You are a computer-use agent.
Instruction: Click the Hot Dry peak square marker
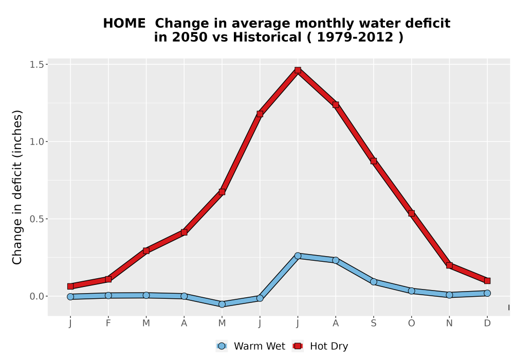pyautogui.click(x=298, y=70)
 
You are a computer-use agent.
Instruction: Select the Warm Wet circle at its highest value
pyautogui.click(x=298, y=256)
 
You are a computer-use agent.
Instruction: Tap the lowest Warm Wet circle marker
pyautogui.click(x=222, y=304)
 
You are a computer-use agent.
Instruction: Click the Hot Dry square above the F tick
pyautogui.click(x=108, y=279)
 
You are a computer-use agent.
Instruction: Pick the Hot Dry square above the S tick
pyautogui.click(x=373, y=161)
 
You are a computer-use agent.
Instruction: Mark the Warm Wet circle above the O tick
pyautogui.click(x=411, y=291)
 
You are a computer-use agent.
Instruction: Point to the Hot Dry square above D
pyautogui.click(x=487, y=281)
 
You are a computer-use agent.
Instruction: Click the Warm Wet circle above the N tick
pyautogui.click(x=449, y=295)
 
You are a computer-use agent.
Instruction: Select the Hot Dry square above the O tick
pyautogui.click(x=411, y=213)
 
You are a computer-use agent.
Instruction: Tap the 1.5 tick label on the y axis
pyautogui.click(x=36, y=65)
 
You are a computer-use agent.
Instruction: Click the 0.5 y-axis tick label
pyautogui.click(x=36, y=219)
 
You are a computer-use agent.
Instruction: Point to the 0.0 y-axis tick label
pyautogui.click(x=36, y=296)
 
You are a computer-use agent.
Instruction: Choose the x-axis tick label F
pyautogui.click(x=108, y=323)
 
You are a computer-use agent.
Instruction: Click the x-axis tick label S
pyautogui.click(x=373, y=323)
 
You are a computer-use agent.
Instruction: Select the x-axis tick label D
pyautogui.click(x=487, y=323)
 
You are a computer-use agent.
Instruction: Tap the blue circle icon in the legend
pyautogui.click(x=222, y=346)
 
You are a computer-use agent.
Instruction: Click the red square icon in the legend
pyautogui.click(x=298, y=346)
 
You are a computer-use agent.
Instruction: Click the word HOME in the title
pyautogui.click(x=124, y=24)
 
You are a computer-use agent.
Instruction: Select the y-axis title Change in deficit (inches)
pyautogui.click(x=17, y=187)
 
